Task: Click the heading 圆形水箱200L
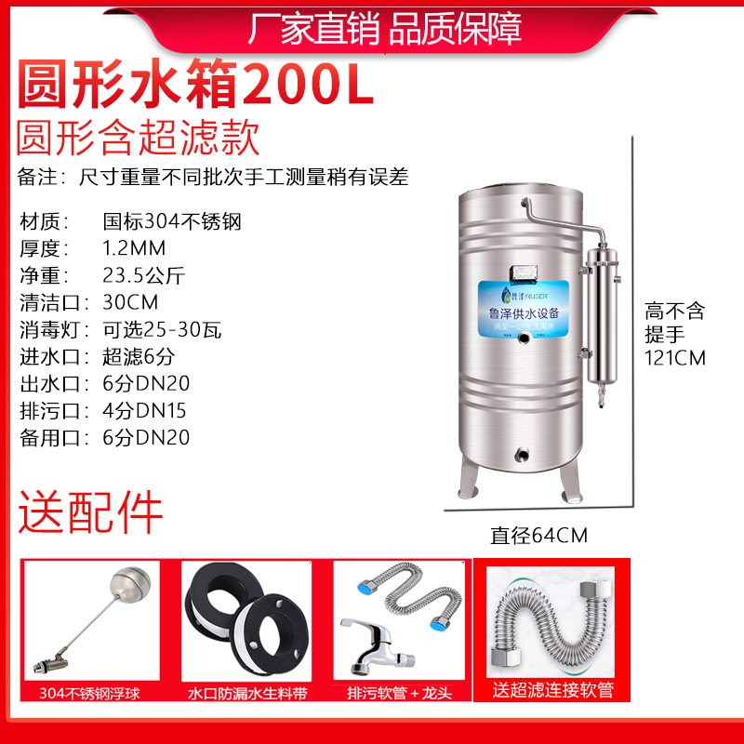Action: click(195, 86)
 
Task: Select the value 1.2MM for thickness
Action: click(133, 248)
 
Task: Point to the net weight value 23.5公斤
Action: click(145, 275)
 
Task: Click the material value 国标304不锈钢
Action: click(171, 221)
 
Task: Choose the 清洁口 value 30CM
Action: click(130, 302)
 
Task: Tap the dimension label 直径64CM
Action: click(539, 535)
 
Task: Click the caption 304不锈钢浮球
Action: click(90, 693)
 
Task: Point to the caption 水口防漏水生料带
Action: click(246, 693)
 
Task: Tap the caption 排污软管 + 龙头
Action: click(399, 693)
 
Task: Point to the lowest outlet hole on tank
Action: click(520, 456)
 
